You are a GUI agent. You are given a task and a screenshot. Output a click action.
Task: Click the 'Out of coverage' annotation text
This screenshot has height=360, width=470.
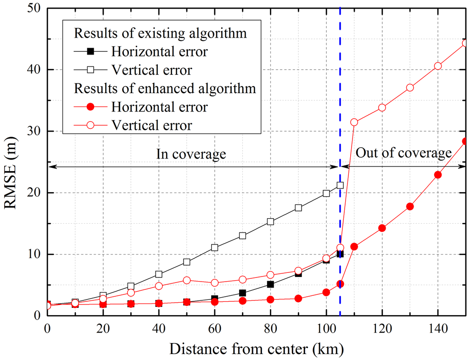[x=404, y=153]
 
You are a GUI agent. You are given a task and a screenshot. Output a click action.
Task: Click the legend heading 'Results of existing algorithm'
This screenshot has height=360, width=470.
[x=160, y=33]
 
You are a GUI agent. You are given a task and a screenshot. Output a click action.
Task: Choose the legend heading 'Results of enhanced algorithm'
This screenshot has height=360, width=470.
[x=165, y=88]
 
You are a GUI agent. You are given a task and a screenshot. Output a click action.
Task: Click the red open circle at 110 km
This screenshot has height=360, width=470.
[x=354, y=122]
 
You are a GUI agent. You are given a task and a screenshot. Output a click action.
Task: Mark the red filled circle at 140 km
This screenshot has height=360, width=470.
[x=438, y=175]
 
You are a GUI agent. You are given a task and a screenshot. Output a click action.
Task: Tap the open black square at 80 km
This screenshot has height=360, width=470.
[x=270, y=222]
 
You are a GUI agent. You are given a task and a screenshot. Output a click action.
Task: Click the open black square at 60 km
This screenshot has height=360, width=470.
[x=214, y=248]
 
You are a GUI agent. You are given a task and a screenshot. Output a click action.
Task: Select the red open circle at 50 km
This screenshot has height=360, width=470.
[x=186, y=280]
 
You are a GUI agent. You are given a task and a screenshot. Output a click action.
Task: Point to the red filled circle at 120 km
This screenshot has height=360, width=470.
[x=382, y=228]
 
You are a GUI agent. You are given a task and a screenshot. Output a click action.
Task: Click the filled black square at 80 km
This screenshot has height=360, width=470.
[x=270, y=284]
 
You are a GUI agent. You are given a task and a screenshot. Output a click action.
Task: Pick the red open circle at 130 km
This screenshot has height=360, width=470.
[x=410, y=88]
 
